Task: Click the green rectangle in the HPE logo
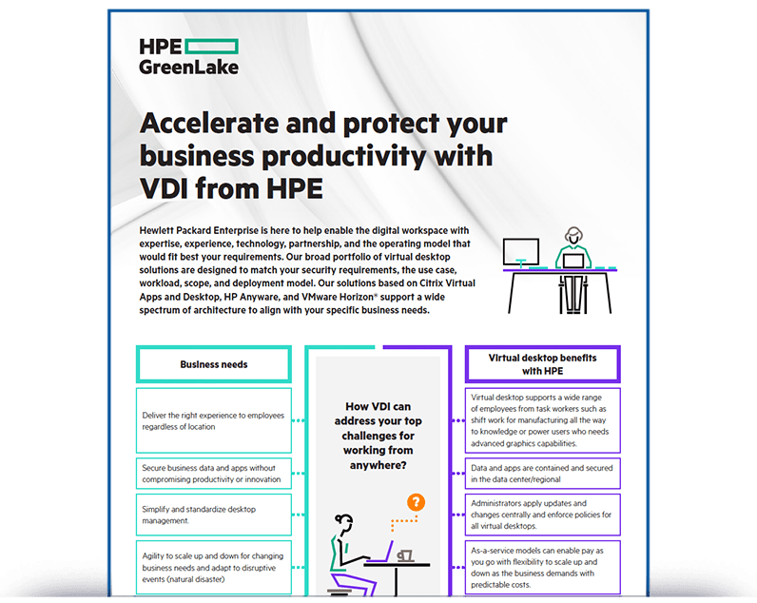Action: tap(211, 47)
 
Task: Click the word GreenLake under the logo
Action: tap(188, 68)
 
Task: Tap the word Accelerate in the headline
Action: tap(209, 123)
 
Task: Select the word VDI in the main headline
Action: tap(164, 188)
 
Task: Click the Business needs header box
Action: tap(214, 364)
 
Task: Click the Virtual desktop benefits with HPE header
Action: tap(543, 364)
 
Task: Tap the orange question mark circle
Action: tap(416, 502)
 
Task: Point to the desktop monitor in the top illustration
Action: tap(521, 251)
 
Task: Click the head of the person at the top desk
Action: tap(573, 236)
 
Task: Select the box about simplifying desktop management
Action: tap(214, 515)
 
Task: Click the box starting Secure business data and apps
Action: tap(214, 473)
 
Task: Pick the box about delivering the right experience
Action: tap(214, 420)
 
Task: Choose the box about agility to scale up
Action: tap(214, 567)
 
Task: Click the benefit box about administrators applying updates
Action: tap(543, 515)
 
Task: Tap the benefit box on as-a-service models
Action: tap(543, 567)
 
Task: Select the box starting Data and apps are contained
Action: tap(543, 473)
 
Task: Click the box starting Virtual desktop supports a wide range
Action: tap(543, 420)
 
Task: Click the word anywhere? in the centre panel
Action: tap(378, 465)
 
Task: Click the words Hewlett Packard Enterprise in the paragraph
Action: tap(199, 230)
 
